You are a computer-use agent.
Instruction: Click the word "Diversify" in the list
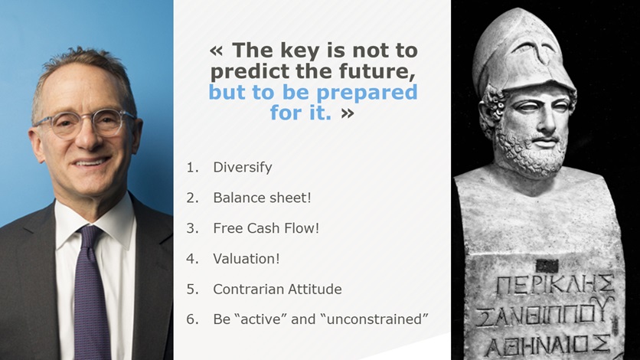pyautogui.click(x=243, y=167)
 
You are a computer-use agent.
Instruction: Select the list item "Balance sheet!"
pyautogui.click(x=262, y=198)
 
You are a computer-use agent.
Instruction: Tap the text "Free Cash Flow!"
pyautogui.click(x=266, y=228)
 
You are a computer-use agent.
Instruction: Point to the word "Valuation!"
pyautogui.click(x=247, y=258)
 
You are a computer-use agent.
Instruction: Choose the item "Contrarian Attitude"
pyautogui.click(x=278, y=289)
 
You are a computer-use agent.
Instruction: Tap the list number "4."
pyautogui.click(x=192, y=258)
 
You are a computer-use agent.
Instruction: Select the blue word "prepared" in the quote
pyautogui.click(x=367, y=93)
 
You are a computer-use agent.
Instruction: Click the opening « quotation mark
pyautogui.click(x=217, y=51)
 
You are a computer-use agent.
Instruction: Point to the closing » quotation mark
pyautogui.click(x=348, y=113)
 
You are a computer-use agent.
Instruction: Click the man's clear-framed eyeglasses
pyautogui.click(x=84, y=123)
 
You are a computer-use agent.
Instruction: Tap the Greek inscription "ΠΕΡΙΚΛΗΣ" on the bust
pyautogui.click(x=555, y=284)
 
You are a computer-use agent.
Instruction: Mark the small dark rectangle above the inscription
pyautogui.click(x=547, y=266)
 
